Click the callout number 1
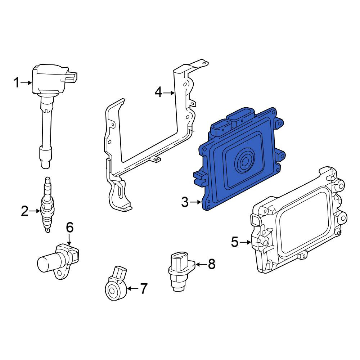click(17, 83)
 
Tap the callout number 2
click(24, 211)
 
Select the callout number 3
click(185, 202)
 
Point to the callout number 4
click(158, 93)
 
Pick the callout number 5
click(235, 242)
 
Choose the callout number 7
click(144, 289)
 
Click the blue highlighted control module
click(239, 158)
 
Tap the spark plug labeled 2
click(48, 205)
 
